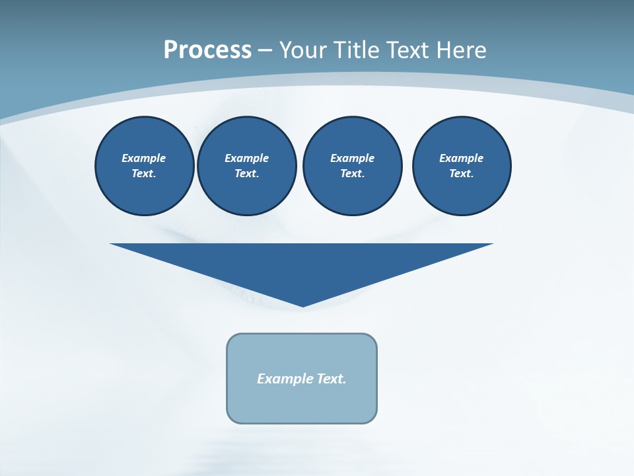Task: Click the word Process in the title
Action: pyautogui.click(x=207, y=50)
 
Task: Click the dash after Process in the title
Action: pyautogui.click(x=265, y=51)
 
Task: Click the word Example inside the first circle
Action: pyautogui.click(x=144, y=158)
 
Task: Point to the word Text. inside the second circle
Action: pyautogui.click(x=246, y=173)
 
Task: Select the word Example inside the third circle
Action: pyautogui.click(x=352, y=158)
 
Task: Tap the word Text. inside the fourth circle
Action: pyautogui.click(x=461, y=173)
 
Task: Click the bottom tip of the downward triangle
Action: pyautogui.click(x=302, y=305)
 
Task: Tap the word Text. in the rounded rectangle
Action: pyautogui.click(x=332, y=379)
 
